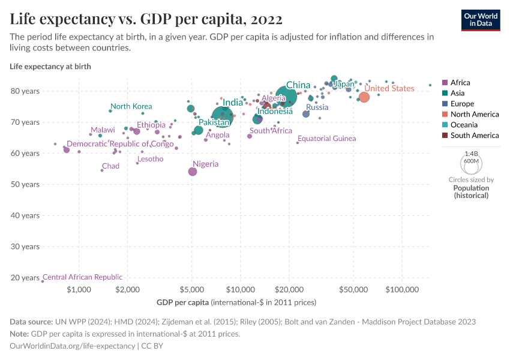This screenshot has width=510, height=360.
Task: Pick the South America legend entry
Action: (x=470, y=136)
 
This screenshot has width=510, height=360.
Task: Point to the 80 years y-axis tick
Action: (x=25, y=91)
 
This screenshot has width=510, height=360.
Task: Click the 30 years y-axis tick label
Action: (x=25, y=247)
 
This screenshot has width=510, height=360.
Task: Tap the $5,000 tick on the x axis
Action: (x=191, y=290)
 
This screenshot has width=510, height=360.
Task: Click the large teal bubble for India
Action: (x=223, y=115)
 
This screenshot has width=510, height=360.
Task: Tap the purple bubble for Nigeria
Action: (x=193, y=172)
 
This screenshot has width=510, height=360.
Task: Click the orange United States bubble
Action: (x=364, y=97)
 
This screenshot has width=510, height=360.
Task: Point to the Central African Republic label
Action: (x=82, y=277)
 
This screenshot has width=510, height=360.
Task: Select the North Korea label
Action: (x=131, y=106)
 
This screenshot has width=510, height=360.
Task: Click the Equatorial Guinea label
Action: (x=326, y=139)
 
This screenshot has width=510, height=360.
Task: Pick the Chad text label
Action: (x=110, y=166)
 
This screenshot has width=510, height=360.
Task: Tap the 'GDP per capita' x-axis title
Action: (x=182, y=302)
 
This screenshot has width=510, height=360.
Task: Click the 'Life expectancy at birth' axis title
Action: (x=50, y=67)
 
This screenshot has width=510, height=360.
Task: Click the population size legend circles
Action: (x=471, y=161)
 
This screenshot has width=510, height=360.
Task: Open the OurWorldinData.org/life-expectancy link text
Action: (x=72, y=346)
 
